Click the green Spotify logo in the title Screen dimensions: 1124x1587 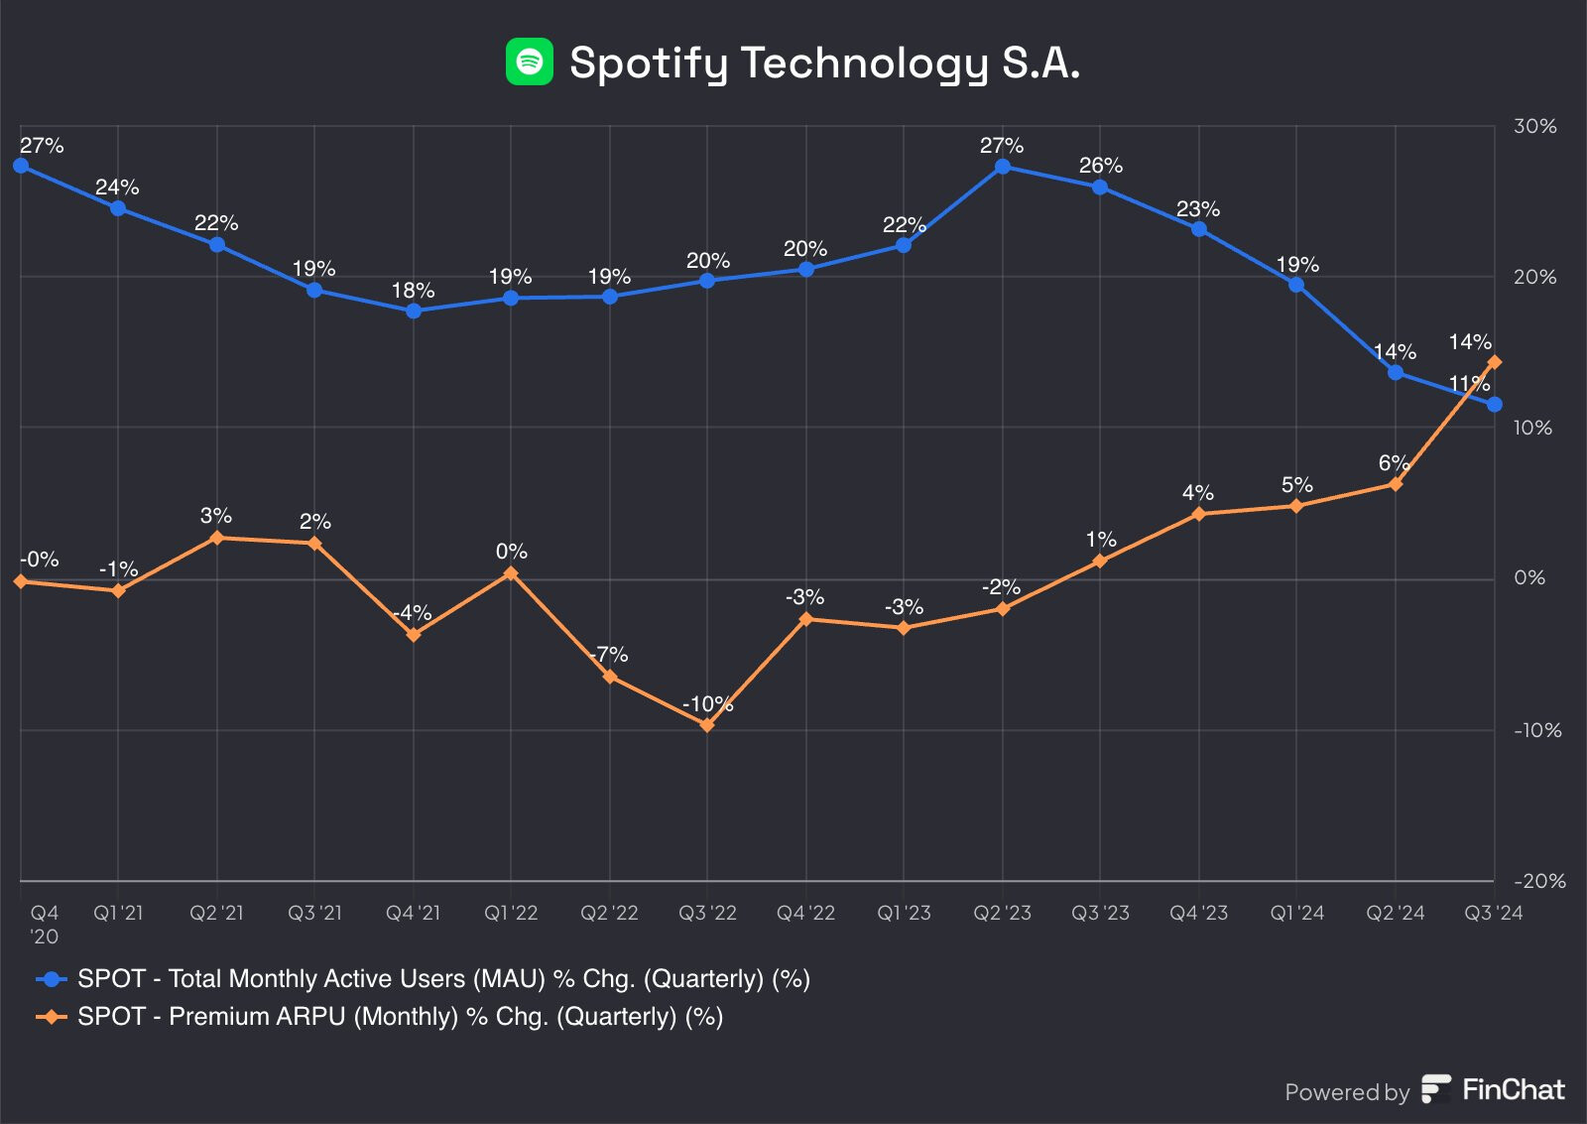[529, 62]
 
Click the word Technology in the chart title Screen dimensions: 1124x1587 [864, 63]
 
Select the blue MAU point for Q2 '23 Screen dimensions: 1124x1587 [1003, 167]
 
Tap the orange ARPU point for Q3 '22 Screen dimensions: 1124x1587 [707, 725]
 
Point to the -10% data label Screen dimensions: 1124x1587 [707, 704]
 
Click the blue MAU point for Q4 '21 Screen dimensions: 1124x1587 [414, 311]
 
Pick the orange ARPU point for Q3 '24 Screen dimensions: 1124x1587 [1494, 362]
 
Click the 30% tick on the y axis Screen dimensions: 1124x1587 [1533, 127]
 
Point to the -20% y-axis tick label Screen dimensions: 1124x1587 [1538, 881]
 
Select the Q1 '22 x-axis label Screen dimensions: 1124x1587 [511, 913]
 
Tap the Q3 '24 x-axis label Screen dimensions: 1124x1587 [1493, 913]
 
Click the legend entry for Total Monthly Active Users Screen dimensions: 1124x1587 [442, 979]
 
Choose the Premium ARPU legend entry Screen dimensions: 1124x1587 [399, 1017]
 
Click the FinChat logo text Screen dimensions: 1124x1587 [1513, 1089]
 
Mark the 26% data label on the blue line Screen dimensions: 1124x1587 [1100, 166]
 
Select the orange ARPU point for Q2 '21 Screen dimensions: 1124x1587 [217, 538]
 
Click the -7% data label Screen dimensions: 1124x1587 [609, 655]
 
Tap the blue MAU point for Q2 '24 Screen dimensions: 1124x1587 [1396, 373]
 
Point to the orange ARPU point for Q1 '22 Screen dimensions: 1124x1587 [511, 573]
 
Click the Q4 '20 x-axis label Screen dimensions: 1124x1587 [44, 924]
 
